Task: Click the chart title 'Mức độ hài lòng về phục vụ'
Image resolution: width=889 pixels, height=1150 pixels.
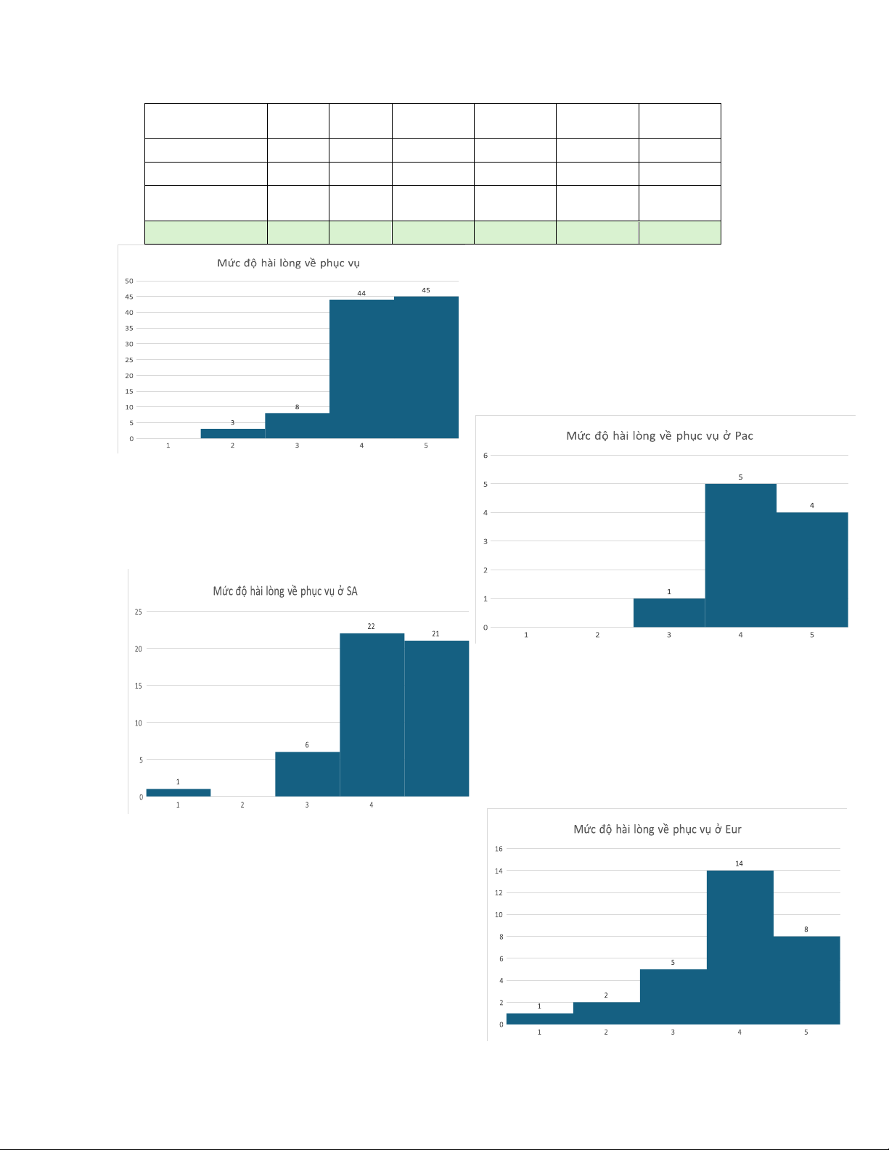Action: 288,263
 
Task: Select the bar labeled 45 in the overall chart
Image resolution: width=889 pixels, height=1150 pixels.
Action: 426,367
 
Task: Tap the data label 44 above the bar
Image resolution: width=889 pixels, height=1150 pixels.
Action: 361,293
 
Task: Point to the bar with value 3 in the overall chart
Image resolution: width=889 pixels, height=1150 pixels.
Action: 232,434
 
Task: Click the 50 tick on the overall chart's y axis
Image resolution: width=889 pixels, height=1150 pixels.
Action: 129,281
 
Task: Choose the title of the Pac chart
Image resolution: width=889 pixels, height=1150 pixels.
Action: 659,435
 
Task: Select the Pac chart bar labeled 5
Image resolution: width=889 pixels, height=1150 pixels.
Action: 740,555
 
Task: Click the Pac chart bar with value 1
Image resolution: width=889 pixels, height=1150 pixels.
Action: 668,613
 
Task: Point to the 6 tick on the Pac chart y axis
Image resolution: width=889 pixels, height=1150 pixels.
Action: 486,456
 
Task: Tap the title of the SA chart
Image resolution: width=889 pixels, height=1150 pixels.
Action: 285,591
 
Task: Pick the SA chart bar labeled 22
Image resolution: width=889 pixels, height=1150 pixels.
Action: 372,715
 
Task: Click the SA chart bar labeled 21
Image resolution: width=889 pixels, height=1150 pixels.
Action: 436,718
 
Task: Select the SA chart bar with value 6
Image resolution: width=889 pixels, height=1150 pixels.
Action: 307,774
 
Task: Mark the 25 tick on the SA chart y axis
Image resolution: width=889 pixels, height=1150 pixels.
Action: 138,612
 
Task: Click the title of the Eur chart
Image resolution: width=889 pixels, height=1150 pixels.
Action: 657,829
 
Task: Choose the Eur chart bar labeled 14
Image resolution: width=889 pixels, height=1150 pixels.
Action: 740,947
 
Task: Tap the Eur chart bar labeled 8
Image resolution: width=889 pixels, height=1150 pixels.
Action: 806,980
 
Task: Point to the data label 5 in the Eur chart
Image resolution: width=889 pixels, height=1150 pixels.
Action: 673,963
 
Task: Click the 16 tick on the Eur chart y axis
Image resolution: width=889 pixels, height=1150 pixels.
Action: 499,849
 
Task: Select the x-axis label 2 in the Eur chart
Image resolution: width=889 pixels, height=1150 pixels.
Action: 606,1032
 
